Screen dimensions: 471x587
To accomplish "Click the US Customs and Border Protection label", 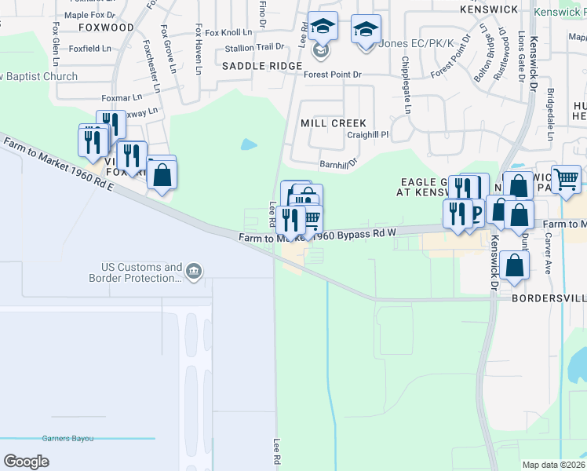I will [141, 272].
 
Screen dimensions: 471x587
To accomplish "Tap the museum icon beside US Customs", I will [195, 272].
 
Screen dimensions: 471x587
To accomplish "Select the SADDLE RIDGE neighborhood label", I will [262, 66].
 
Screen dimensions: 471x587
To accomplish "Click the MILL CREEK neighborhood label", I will [334, 123].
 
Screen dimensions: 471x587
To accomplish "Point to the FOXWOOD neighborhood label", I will [107, 27].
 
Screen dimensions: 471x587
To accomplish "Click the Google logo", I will [26, 462].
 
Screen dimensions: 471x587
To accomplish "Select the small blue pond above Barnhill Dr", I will [249, 144].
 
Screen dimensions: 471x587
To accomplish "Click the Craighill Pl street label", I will [368, 135].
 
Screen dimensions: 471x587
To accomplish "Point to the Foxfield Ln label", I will [89, 48].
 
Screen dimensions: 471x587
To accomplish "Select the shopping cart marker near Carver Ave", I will [566, 180].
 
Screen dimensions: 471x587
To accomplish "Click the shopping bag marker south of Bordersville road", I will [514, 266].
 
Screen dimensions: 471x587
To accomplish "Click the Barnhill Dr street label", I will [338, 163].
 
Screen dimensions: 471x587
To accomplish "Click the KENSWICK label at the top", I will [488, 9].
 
